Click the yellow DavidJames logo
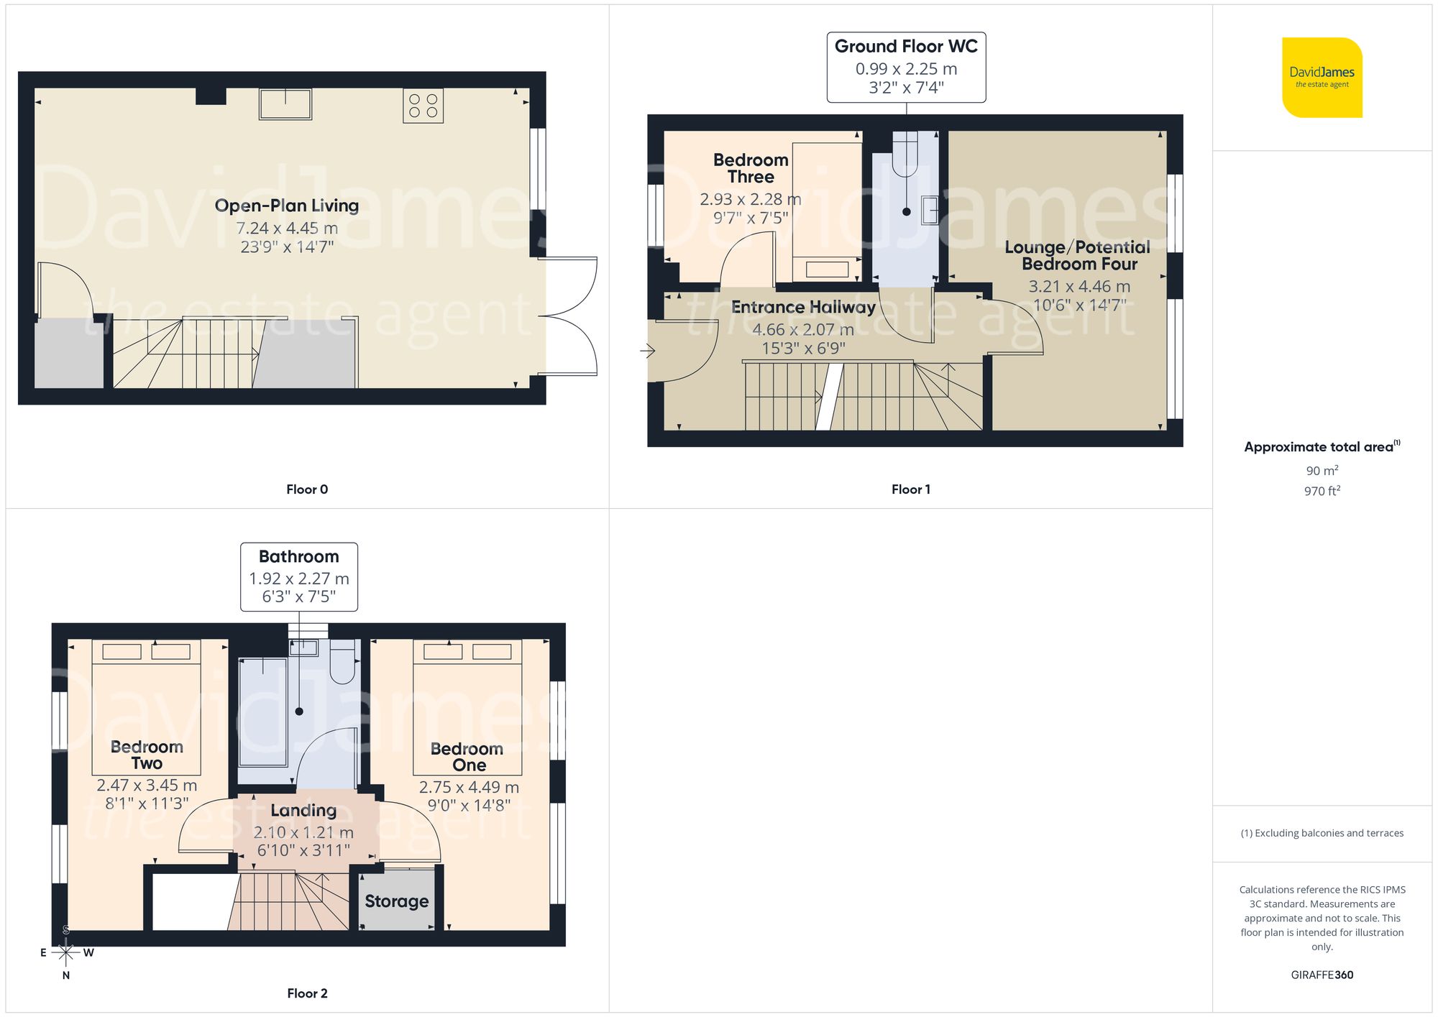coord(1322,78)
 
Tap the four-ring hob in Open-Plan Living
coord(423,106)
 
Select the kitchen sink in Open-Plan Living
coord(285,104)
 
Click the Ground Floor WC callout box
coord(906,67)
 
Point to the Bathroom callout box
coord(299,576)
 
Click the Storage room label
coord(396,901)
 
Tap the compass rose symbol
coord(66,953)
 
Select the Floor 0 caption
coord(307,489)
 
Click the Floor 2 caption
coord(307,993)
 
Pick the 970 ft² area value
coord(1322,492)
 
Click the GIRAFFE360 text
coord(1322,975)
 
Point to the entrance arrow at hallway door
coord(648,351)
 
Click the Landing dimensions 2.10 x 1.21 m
coord(303,832)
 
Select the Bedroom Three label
coord(751,168)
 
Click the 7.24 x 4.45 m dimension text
coord(287,229)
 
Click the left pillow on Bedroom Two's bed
coord(122,652)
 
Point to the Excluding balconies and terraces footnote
coord(1322,833)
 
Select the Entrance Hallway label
coord(803,308)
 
